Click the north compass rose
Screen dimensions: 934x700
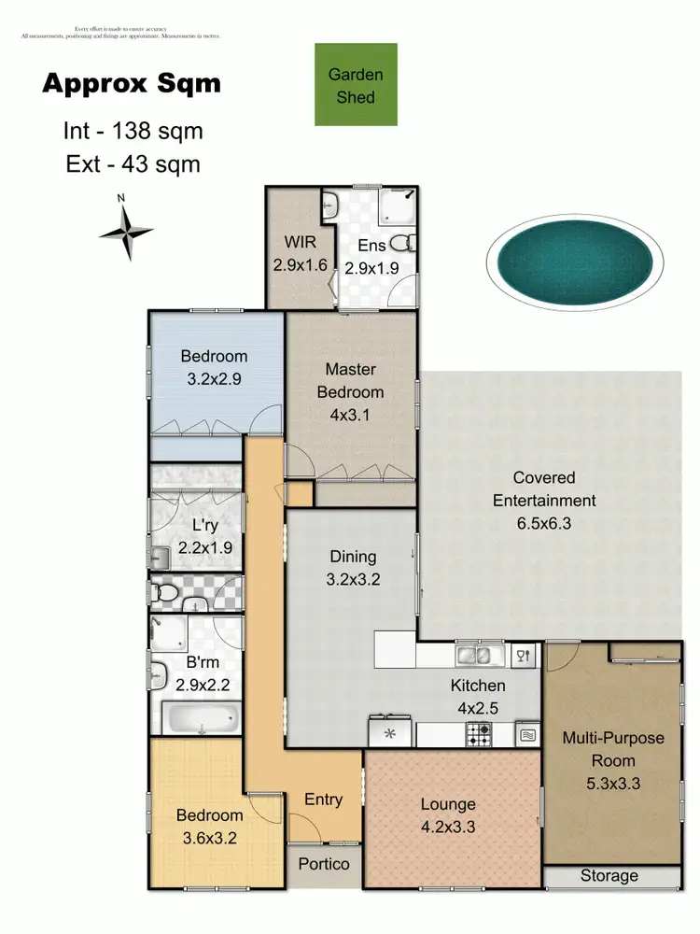pyautogui.click(x=125, y=229)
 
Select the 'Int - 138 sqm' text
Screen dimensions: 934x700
pyautogui.click(x=133, y=131)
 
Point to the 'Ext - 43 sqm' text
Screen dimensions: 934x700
pyautogui.click(x=133, y=164)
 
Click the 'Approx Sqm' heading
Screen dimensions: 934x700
pyautogui.click(x=132, y=83)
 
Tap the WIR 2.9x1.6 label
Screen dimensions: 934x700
pyautogui.click(x=300, y=253)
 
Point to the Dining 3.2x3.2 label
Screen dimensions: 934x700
pyautogui.click(x=352, y=568)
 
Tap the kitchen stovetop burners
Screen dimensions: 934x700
pyautogui.click(x=480, y=735)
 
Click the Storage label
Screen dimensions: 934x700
pyautogui.click(x=609, y=876)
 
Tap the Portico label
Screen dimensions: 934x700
pyautogui.click(x=324, y=864)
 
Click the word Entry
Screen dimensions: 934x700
pyautogui.click(x=324, y=800)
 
